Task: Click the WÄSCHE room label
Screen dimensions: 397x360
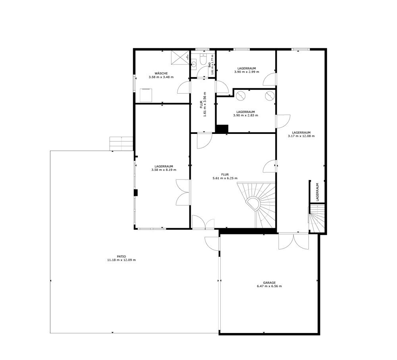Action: (x=161, y=74)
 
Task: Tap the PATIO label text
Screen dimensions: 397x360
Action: (x=121, y=256)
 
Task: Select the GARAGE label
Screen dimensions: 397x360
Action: (x=269, y=283)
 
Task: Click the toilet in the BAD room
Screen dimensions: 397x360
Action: (x=203, y=60)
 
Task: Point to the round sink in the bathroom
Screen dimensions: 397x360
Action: (x=194, y=64)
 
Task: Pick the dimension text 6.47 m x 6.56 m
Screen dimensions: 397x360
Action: (x=269, y=286)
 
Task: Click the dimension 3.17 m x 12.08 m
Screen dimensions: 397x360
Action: (x=301, y=136)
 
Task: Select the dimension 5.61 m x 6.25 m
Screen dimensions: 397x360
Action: (x=225, y=178)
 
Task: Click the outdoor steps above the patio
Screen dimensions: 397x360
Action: (x=121, y=144)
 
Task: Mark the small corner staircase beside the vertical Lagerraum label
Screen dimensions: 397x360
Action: (x=317, y=218)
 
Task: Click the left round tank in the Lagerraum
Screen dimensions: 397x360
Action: (x=241, y=95)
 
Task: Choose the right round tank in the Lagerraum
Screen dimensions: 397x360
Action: (x=270, y=95)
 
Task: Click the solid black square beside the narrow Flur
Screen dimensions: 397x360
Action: (x=222, y=129)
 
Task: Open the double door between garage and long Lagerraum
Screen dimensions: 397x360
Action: (x=293, y=242)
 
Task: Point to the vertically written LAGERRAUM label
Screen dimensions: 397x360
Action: (x=318, y=192)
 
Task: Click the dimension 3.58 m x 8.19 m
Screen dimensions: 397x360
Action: (x=164, y=170)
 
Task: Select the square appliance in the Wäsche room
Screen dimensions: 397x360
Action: (x=146, y=95)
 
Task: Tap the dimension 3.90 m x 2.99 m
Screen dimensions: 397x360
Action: (x=247, y=72)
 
